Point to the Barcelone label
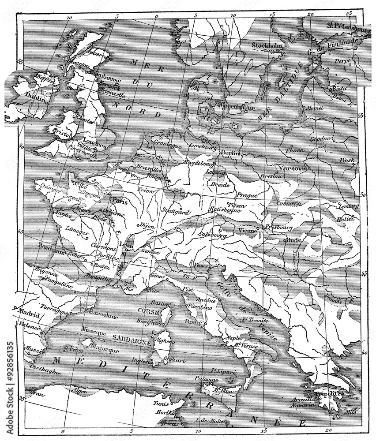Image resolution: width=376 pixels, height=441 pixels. (x=104, y=316)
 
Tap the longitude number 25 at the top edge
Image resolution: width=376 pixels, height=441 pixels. (x=350, y=13)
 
